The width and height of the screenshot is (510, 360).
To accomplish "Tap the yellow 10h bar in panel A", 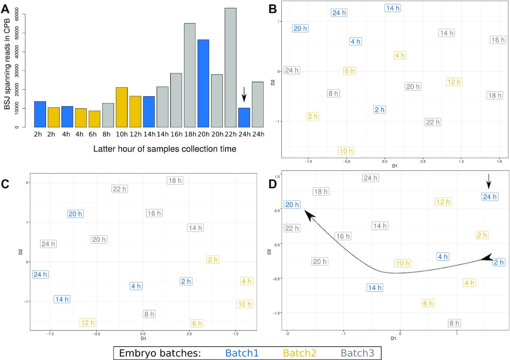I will [121, 107].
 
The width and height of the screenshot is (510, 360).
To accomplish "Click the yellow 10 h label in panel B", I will [346, 151].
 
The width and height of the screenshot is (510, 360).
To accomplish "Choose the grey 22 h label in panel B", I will [433, 122].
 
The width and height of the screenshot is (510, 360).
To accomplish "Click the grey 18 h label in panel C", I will [176, 181].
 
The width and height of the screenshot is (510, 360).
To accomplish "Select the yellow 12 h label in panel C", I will [88, 322].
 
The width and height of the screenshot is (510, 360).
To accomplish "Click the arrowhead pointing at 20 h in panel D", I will [308, 215].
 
